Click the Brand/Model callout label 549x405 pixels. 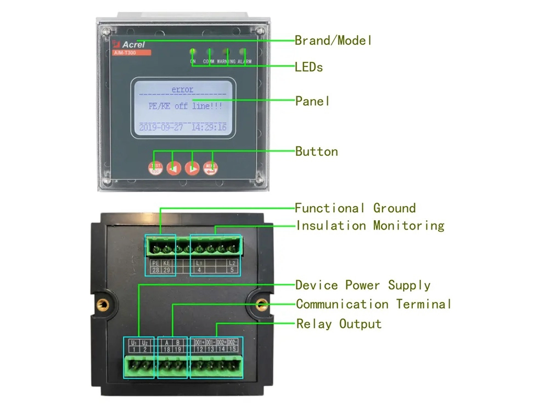[333, 41]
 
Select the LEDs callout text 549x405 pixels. [309, 67]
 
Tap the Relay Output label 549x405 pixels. [339, 324]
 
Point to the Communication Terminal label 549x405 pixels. [373, 304]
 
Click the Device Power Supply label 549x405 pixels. [362, 286]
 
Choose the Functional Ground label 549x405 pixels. [355, 208]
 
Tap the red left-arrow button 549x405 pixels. [174, 168]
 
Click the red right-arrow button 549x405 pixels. [192, 168]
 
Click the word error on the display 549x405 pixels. [182, 89]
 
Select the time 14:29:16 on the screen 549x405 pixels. [209, 127]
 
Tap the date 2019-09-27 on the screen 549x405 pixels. [160, 127]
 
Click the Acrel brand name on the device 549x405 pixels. [133, 44]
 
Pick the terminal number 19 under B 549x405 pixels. [178, 349]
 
